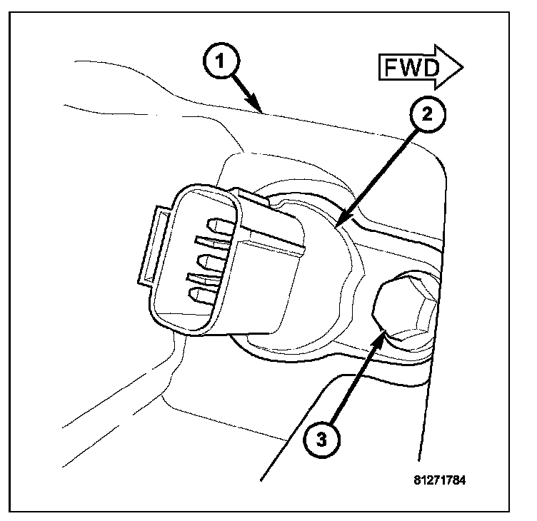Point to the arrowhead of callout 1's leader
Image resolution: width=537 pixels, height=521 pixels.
point(263,111)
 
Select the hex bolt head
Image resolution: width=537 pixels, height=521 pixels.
point(403,308)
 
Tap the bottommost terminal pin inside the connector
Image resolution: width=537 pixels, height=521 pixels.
point(200,293)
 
